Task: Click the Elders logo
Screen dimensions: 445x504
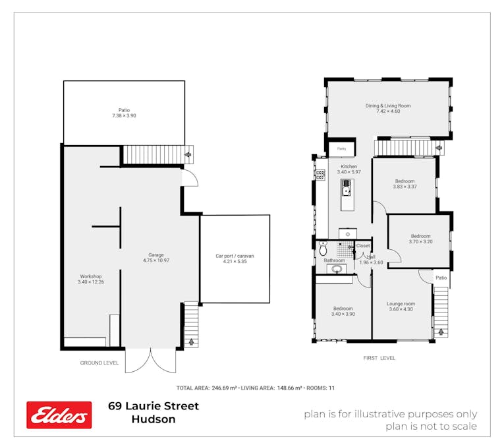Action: click(x=59, y=415)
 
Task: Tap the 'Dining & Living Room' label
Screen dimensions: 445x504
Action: click(x=388, y=105)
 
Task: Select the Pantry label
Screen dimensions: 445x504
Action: click(x=341, y=149)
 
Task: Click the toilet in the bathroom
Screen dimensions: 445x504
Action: click(x=323, y=249)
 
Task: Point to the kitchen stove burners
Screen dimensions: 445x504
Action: click(x=320, y=174)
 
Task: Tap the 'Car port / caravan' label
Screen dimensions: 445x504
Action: click(x=235, y=256)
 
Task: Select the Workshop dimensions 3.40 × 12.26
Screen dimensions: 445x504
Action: click(x=91, y=282)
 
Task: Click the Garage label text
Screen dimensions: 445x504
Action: click(x=156, y=255)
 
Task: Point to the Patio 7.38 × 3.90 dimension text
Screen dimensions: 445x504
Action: click(x=124, y=116)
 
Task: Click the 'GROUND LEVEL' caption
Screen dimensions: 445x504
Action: click(x=99, y=363)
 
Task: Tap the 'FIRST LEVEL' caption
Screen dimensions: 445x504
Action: click(x=379, y=358)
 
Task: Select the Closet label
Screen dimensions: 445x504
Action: click(x=363, y=246)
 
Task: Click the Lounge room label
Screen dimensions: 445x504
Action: click(x=401, y=303)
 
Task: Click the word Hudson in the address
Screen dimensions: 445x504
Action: click(x=154, y=419)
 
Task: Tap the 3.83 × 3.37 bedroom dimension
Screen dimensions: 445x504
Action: click(x=405, y=187)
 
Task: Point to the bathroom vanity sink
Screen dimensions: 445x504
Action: click(x=337, y=268)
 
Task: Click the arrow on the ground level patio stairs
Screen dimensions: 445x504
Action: click(x=189, y=156)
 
